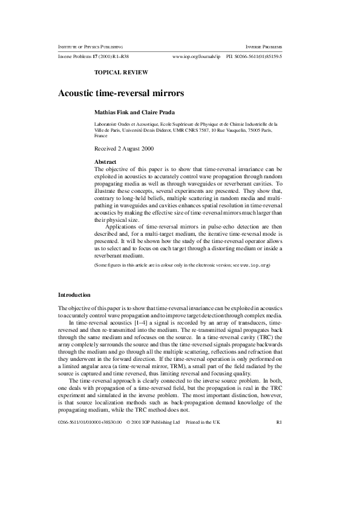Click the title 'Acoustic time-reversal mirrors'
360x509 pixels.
click(x=120, y=94)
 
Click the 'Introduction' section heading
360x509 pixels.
click(x=74, y=295)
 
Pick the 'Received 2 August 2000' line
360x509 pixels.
click(x=124, y=148)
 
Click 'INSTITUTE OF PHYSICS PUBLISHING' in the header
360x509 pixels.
click(x=91, y=47)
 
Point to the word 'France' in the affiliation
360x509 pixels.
click(x=102, y=136)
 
